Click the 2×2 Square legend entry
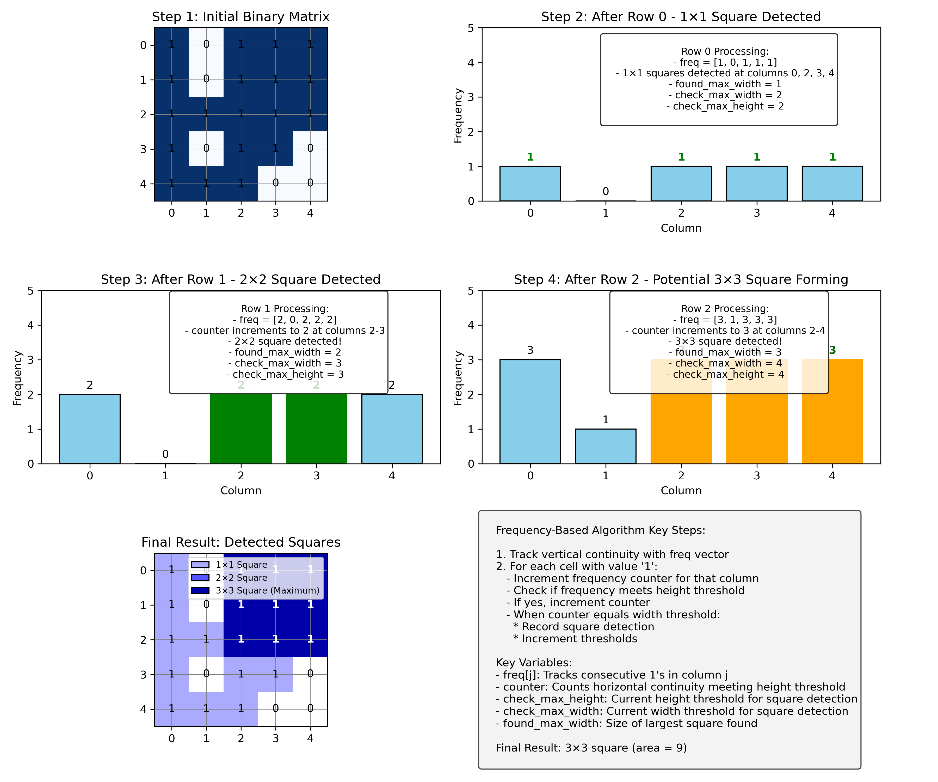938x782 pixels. click(241, 578)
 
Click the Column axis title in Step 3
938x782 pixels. click(241, 491)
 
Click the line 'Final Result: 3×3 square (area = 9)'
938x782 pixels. click(591, 748)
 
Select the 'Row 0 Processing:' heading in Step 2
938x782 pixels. click(725, 51)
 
